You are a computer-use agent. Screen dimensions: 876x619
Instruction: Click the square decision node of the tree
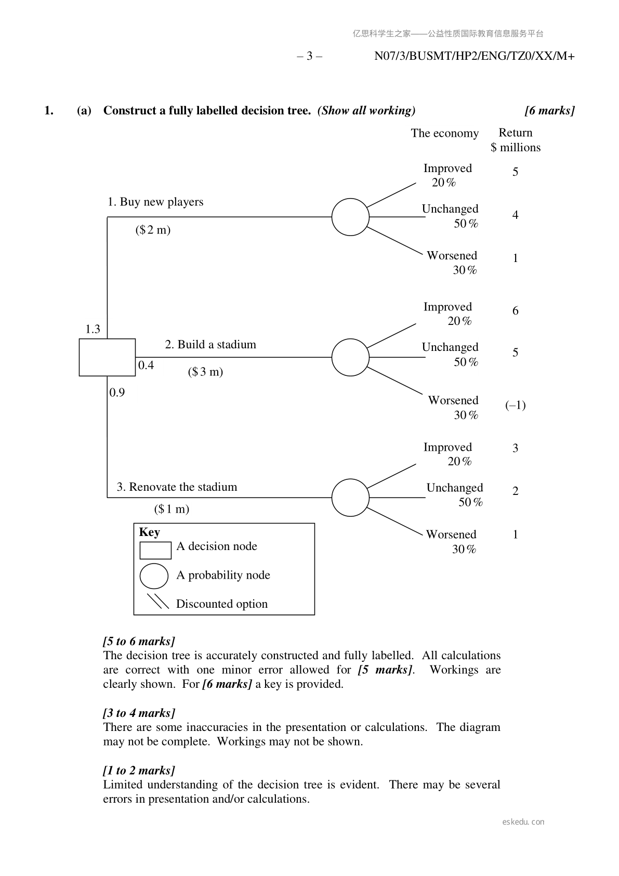[x=107, y=357]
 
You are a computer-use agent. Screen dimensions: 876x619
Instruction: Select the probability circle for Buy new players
[x=350, y=217]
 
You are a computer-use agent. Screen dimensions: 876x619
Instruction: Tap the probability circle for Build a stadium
[x=350, y=357]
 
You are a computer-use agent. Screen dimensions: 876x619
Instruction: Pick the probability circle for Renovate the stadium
[x=350, y=498]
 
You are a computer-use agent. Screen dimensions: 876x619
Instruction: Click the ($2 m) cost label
[x=153, y=230]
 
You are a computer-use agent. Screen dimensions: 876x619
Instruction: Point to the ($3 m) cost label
[x=205, y=372]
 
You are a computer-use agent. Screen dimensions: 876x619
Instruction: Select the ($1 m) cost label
[x=172, y=509]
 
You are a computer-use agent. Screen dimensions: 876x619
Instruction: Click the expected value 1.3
[x=93, y=329]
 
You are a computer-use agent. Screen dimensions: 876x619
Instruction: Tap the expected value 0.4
[x=146, y=365]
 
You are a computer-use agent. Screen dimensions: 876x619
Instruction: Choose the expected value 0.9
[x=117, y=393]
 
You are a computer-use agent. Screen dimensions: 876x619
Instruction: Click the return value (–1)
[x=515, y=406]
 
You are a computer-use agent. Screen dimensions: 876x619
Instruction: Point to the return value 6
[x=515, y=310]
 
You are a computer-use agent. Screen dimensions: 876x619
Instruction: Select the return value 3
[x=515, y=448]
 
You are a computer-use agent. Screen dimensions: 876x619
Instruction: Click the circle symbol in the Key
[x=154, y=576]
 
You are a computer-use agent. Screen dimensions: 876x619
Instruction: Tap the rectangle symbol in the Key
[x=155, y=550]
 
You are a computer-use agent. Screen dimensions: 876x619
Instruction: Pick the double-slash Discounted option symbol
[x=158, y=601]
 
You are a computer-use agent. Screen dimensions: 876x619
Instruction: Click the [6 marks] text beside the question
[x=549, y=111]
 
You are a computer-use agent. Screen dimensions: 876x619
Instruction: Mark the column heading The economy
[x=444, y=134]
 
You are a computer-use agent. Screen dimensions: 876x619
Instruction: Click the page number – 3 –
[x=309, y=56]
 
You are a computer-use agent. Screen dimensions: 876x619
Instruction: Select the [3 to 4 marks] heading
[x=139, y=713]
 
